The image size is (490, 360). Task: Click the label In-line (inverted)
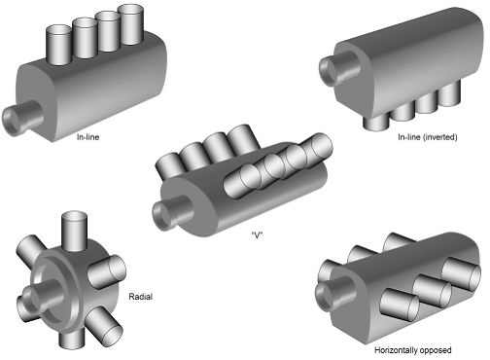click(428, 137)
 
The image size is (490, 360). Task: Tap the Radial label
click(140, 297)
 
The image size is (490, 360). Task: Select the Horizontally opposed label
click(413, 350)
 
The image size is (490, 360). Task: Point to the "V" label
click(257, 235)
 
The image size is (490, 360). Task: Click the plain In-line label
click(87, 137)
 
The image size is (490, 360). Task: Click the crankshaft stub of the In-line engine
click(22, 118)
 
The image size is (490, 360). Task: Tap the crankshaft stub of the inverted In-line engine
click(338, 68)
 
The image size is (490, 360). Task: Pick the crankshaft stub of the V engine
click(172, 213)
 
